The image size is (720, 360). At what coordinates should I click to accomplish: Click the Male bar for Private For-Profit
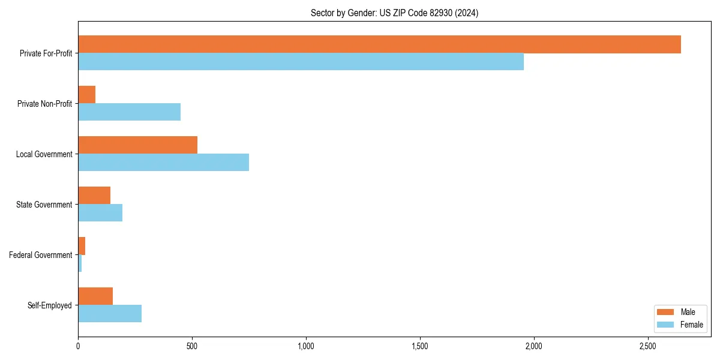click(379, 44)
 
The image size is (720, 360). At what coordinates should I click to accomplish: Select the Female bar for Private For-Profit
click(301, 62)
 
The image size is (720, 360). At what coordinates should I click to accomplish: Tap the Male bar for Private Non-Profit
click(86, 95)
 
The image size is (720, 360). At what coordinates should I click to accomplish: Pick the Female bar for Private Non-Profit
click(129, 112)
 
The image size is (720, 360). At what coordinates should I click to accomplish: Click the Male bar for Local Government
click(137, 145)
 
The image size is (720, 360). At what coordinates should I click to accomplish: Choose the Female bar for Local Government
click(163, 163)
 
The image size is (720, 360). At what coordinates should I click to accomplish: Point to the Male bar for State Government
click(94, 196)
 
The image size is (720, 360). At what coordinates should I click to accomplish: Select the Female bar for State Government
click(100, 213)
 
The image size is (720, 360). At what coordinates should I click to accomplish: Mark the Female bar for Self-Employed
click(110, 314)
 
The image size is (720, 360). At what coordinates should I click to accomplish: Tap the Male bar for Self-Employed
click(95, 296)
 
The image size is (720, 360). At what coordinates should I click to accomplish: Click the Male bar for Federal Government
click(82, 246)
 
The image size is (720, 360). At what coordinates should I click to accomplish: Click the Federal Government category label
click(41, 255)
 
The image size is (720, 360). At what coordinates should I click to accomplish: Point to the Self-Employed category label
click(50, 305)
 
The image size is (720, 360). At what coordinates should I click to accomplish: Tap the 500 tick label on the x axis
click(192, 346)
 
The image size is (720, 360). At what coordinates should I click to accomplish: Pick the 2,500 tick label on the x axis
click(647, 346)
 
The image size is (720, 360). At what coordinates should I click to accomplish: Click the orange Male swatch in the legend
click(666, 312)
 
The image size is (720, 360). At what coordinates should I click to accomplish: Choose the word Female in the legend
click(691, 325)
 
